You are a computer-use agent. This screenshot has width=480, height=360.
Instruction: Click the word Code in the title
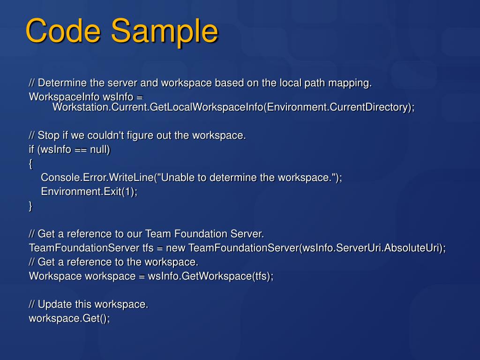63,32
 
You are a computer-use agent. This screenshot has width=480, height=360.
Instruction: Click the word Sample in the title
165,32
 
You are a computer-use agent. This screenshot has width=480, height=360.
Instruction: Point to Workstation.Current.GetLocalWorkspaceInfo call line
233,107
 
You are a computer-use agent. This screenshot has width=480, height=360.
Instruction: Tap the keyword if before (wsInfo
31,150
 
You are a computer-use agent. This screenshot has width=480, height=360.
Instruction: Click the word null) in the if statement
99,150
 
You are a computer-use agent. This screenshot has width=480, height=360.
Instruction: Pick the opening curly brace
31,164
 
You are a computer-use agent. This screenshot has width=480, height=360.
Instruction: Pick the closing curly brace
31,206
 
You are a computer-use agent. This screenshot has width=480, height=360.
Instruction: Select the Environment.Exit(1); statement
89,192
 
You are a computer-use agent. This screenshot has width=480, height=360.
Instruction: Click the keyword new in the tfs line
176,247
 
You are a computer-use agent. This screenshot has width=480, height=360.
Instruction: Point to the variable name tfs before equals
148,247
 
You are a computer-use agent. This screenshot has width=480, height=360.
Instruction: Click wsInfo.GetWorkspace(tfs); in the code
210,276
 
